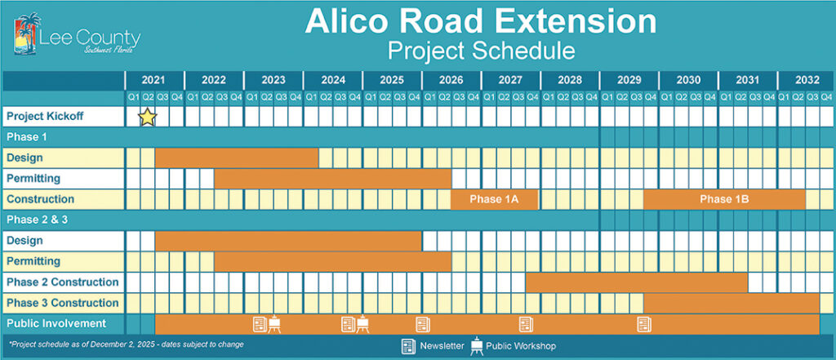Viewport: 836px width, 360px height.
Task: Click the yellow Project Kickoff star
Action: point(147,117)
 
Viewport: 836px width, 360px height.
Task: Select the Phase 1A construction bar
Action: point(494,199)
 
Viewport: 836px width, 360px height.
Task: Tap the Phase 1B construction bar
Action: point(724,199)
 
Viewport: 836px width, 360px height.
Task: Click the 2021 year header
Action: point(153,80)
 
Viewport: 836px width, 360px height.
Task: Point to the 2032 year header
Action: point(807,80)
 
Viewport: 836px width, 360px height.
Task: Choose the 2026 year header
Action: point(451,80)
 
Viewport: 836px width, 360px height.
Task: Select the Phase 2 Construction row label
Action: point(63,282)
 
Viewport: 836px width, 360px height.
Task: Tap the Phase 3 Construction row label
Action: point(63,303)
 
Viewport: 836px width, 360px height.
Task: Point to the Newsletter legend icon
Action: point(407,346)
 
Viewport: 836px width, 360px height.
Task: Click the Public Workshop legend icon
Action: point(475,346)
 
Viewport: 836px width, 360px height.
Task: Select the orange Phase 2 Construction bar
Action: point(636,282)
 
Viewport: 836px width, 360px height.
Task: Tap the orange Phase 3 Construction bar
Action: point(731,303)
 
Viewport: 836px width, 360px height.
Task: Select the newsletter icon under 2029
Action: point(643,324)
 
